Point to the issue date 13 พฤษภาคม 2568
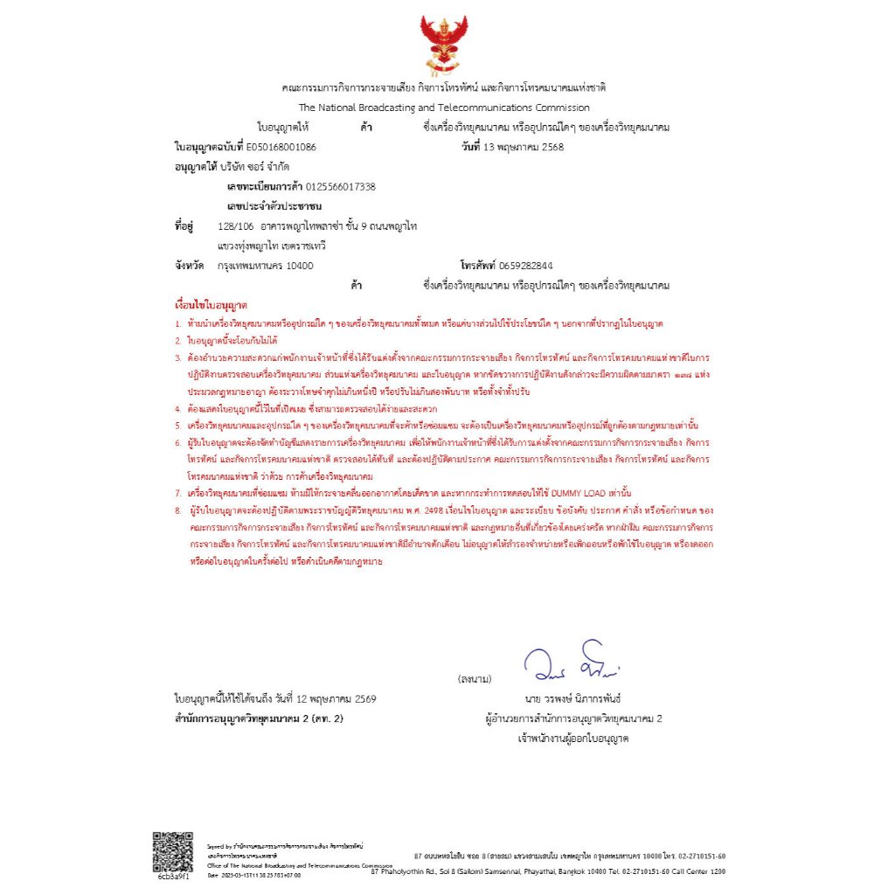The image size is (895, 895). tap(524, 147)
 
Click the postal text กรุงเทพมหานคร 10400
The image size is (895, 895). tap(266, 266)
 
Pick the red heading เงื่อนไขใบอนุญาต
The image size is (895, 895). tap(212, 306)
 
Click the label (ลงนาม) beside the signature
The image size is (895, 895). tap(475, 679)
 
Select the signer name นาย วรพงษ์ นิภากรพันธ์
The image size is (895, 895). tap(573, 699)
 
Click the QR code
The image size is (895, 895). tap(172, 851)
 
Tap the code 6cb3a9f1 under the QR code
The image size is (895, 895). tap(172, 877)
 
